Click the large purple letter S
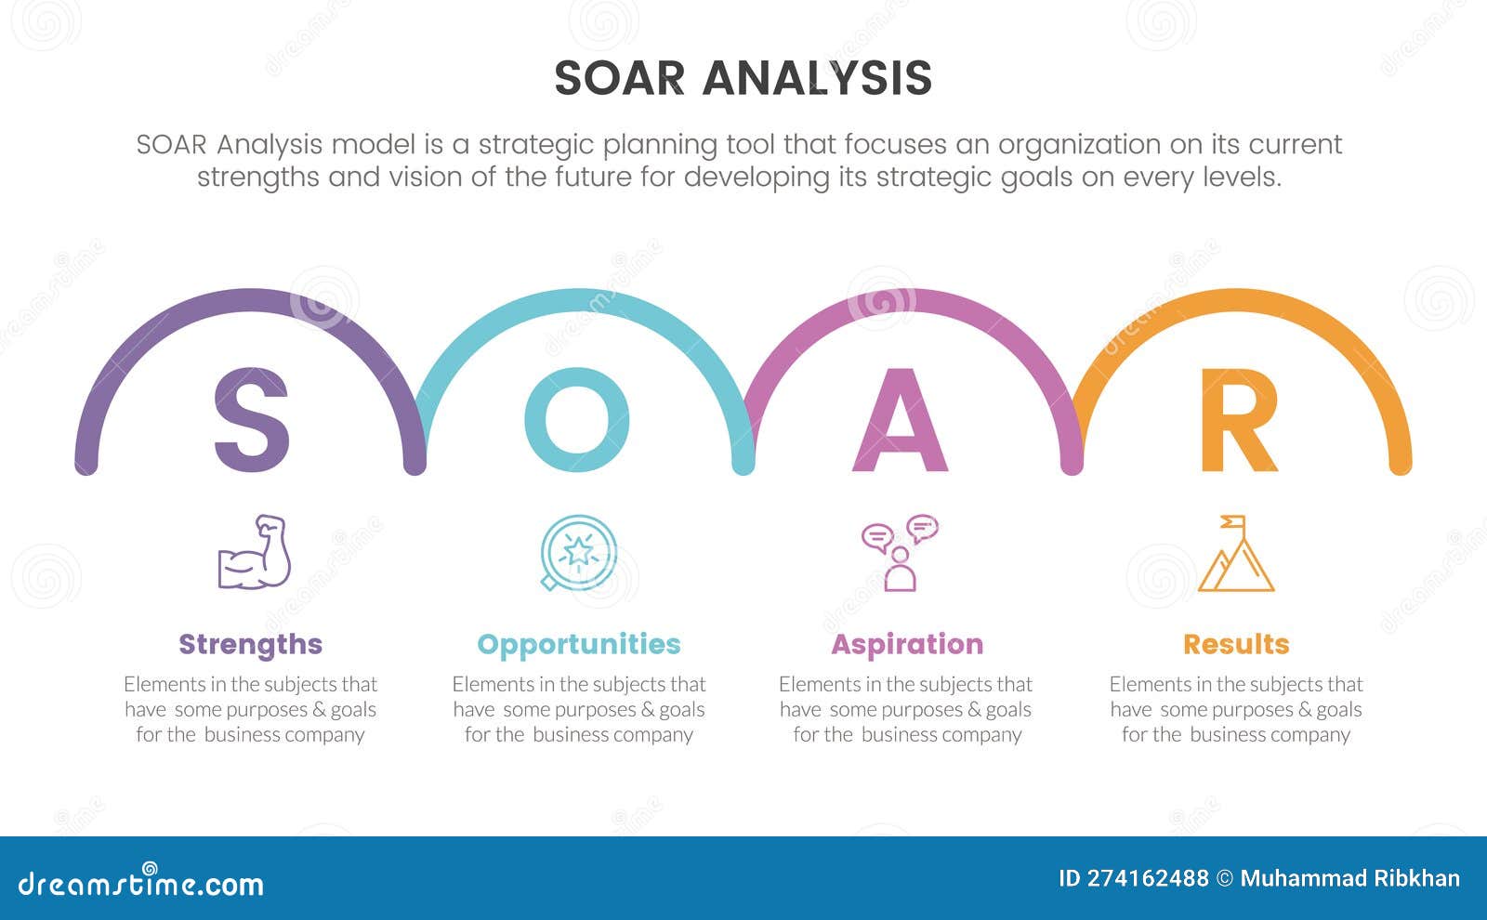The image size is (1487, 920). pyautogui.click(x=251, y=419)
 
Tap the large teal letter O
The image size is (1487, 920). pyautogui.click(x=577, y=419)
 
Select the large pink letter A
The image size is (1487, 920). pyautogui.click(x=900, y=421)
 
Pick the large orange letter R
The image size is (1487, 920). pyautogui.click(x=1237, y=421)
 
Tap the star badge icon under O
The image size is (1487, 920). pyautogui.click(x=578, y=553)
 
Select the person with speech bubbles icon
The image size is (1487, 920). pyautogui.click(x=899, y=553)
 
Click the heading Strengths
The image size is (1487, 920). pyautogui.click(x=250, y=644)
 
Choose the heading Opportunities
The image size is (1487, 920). pyautogui.click(x=578, y=644)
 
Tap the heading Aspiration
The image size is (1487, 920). pyautogui.click(x=906, y=644)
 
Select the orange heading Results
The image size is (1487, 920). pyautogui.click(x=1235, y=644)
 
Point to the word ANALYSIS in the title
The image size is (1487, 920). pyautogui.click(x=817, y=78)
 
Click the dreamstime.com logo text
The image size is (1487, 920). pyautogui.click(x=140, y=883)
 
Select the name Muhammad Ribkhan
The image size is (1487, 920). pyautogui.click(x=1349, y=878)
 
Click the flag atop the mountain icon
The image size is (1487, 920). pyautogui.click(x=1233, y=521)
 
